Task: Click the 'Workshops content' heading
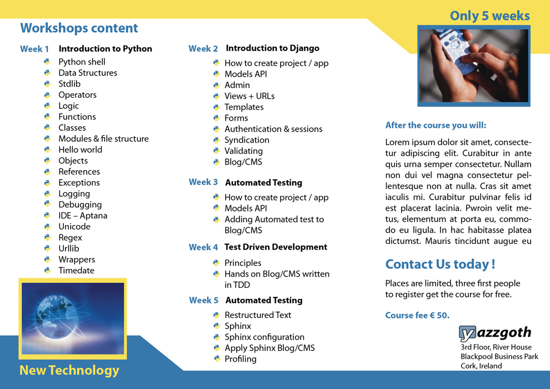79,28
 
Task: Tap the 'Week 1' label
34,49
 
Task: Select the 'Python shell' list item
82,62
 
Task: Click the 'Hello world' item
80,149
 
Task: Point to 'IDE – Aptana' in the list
83,216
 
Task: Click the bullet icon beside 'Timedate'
47,270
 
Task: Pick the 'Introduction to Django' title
272,48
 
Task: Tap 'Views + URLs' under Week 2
249,96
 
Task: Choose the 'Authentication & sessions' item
273,129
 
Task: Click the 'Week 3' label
203,182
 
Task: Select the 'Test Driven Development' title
276,247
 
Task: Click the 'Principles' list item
242,263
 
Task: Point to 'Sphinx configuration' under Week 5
264,337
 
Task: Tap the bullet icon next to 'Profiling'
217,359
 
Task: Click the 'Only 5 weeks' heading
489,16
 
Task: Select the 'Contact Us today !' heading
440,264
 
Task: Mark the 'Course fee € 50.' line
417,316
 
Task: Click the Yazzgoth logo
495,333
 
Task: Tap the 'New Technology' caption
69,370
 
